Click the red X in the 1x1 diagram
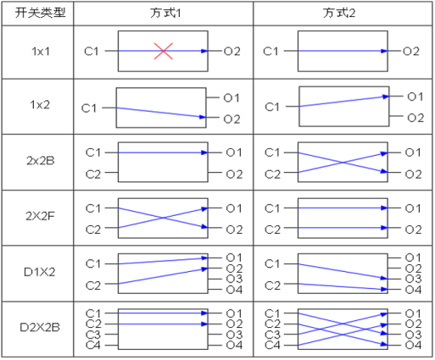[164, 51]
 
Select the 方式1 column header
[165, 13]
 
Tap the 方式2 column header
[339, 13]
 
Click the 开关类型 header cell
[40, 13]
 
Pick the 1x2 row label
[40, 105]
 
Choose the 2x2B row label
[41, 161]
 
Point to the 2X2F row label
[40, 216]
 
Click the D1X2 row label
[40, 272]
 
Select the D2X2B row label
[40, 328]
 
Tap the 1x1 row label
[41, 52]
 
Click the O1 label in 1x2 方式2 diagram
[415, 97]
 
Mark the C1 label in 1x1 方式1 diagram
[92, 52]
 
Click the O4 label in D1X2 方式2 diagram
[413, 290]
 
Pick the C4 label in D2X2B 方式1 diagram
[93, 345]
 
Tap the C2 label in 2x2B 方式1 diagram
[93, 174]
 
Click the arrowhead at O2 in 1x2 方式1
[203, 117]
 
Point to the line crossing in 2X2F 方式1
[163, 218]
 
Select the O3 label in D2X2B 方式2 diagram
[413, 335]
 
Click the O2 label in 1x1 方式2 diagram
[411, 52]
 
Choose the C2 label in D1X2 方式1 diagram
[93, 285]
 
